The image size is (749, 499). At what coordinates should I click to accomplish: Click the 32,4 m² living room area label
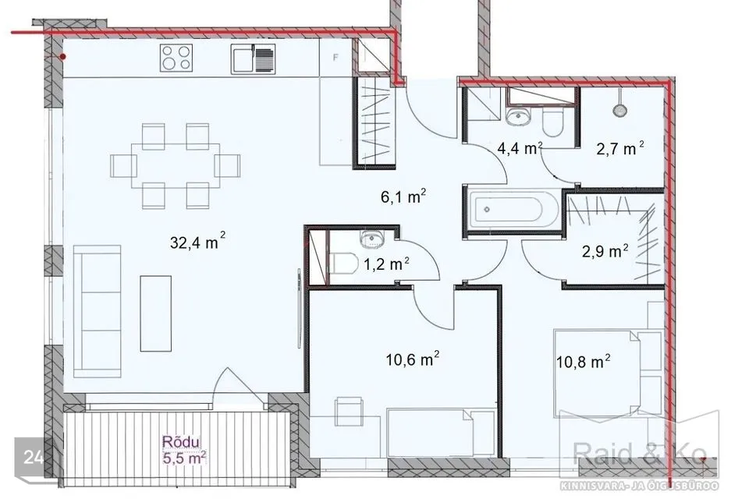(197, 241)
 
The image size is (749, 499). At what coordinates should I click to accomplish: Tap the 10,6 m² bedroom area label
(413, 358)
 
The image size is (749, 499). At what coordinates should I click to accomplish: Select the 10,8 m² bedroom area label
(584, 361)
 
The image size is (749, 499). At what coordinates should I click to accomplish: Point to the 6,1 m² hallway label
(403, 196)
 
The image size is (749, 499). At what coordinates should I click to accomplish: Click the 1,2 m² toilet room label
(386, 264)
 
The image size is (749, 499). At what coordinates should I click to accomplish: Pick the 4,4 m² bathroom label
(520, 148)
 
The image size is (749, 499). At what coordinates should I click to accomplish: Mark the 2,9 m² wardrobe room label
(605, 251)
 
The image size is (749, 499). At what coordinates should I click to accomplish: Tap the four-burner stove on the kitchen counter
(176, 58)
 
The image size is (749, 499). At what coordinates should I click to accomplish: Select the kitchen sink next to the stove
(253, 59)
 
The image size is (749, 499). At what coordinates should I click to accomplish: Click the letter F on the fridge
(335, 58)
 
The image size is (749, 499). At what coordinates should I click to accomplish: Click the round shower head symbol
(619, 110)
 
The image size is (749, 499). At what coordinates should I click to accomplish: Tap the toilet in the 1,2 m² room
(343, 263)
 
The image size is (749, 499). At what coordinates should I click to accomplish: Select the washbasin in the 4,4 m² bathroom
(518, 115)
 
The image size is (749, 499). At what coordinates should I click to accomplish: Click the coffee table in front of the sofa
(156, 313)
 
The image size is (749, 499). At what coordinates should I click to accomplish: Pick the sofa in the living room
(97, 312)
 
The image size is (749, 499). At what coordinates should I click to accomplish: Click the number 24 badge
(33, 458)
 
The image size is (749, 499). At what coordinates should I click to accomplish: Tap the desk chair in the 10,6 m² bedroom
(348, 412)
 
